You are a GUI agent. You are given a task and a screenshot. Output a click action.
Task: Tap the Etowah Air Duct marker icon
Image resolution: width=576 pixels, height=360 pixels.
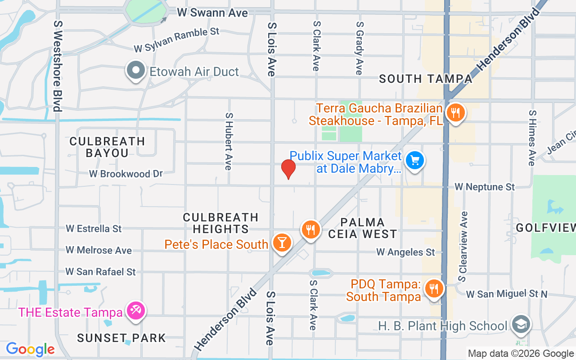coord(135,70)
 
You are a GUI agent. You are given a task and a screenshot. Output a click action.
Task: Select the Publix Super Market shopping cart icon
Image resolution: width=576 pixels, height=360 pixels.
coord(414,160)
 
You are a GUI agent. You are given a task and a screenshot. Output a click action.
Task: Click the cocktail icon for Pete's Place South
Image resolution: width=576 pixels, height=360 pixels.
coord(282,243)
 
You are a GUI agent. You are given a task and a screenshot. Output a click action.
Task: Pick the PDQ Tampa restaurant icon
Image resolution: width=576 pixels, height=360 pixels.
coord(434,288)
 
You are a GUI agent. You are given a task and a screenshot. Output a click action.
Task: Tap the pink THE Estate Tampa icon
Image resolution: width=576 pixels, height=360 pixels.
coord(135,310)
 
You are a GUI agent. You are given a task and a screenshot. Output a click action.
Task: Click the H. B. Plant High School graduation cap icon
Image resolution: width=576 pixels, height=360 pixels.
coord(521,324)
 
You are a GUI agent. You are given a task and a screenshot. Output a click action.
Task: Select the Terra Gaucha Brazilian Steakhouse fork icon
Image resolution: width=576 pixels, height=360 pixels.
coord(456,112)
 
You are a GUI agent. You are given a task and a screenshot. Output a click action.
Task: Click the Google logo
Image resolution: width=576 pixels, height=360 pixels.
coord(30,349)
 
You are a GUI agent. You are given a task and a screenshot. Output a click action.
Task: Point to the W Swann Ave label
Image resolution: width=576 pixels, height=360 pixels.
coord(212,13)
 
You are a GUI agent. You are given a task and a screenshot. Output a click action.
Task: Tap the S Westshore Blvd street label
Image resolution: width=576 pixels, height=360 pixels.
coord(57,65)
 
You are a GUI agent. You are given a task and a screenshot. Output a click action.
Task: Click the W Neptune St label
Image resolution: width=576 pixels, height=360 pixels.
coord(485,186)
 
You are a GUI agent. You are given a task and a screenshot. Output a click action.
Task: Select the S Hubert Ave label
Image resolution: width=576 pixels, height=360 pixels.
coord(229,141)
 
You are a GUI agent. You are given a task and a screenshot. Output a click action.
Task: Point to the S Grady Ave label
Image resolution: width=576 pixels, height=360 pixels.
coord(359,48)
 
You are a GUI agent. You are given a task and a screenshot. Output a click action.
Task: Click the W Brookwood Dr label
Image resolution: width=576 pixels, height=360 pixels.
coord(126,174)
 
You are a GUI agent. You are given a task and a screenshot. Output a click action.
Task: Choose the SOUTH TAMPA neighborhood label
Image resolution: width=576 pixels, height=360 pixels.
coord(425,79)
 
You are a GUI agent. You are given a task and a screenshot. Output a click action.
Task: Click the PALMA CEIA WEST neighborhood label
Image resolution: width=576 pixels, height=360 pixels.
coord(363,228)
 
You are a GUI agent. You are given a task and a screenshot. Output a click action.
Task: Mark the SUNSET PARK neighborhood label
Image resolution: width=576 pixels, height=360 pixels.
coord(121,338)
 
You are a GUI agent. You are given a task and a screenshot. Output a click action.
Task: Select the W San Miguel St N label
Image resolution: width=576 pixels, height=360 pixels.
coord(507,294)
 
